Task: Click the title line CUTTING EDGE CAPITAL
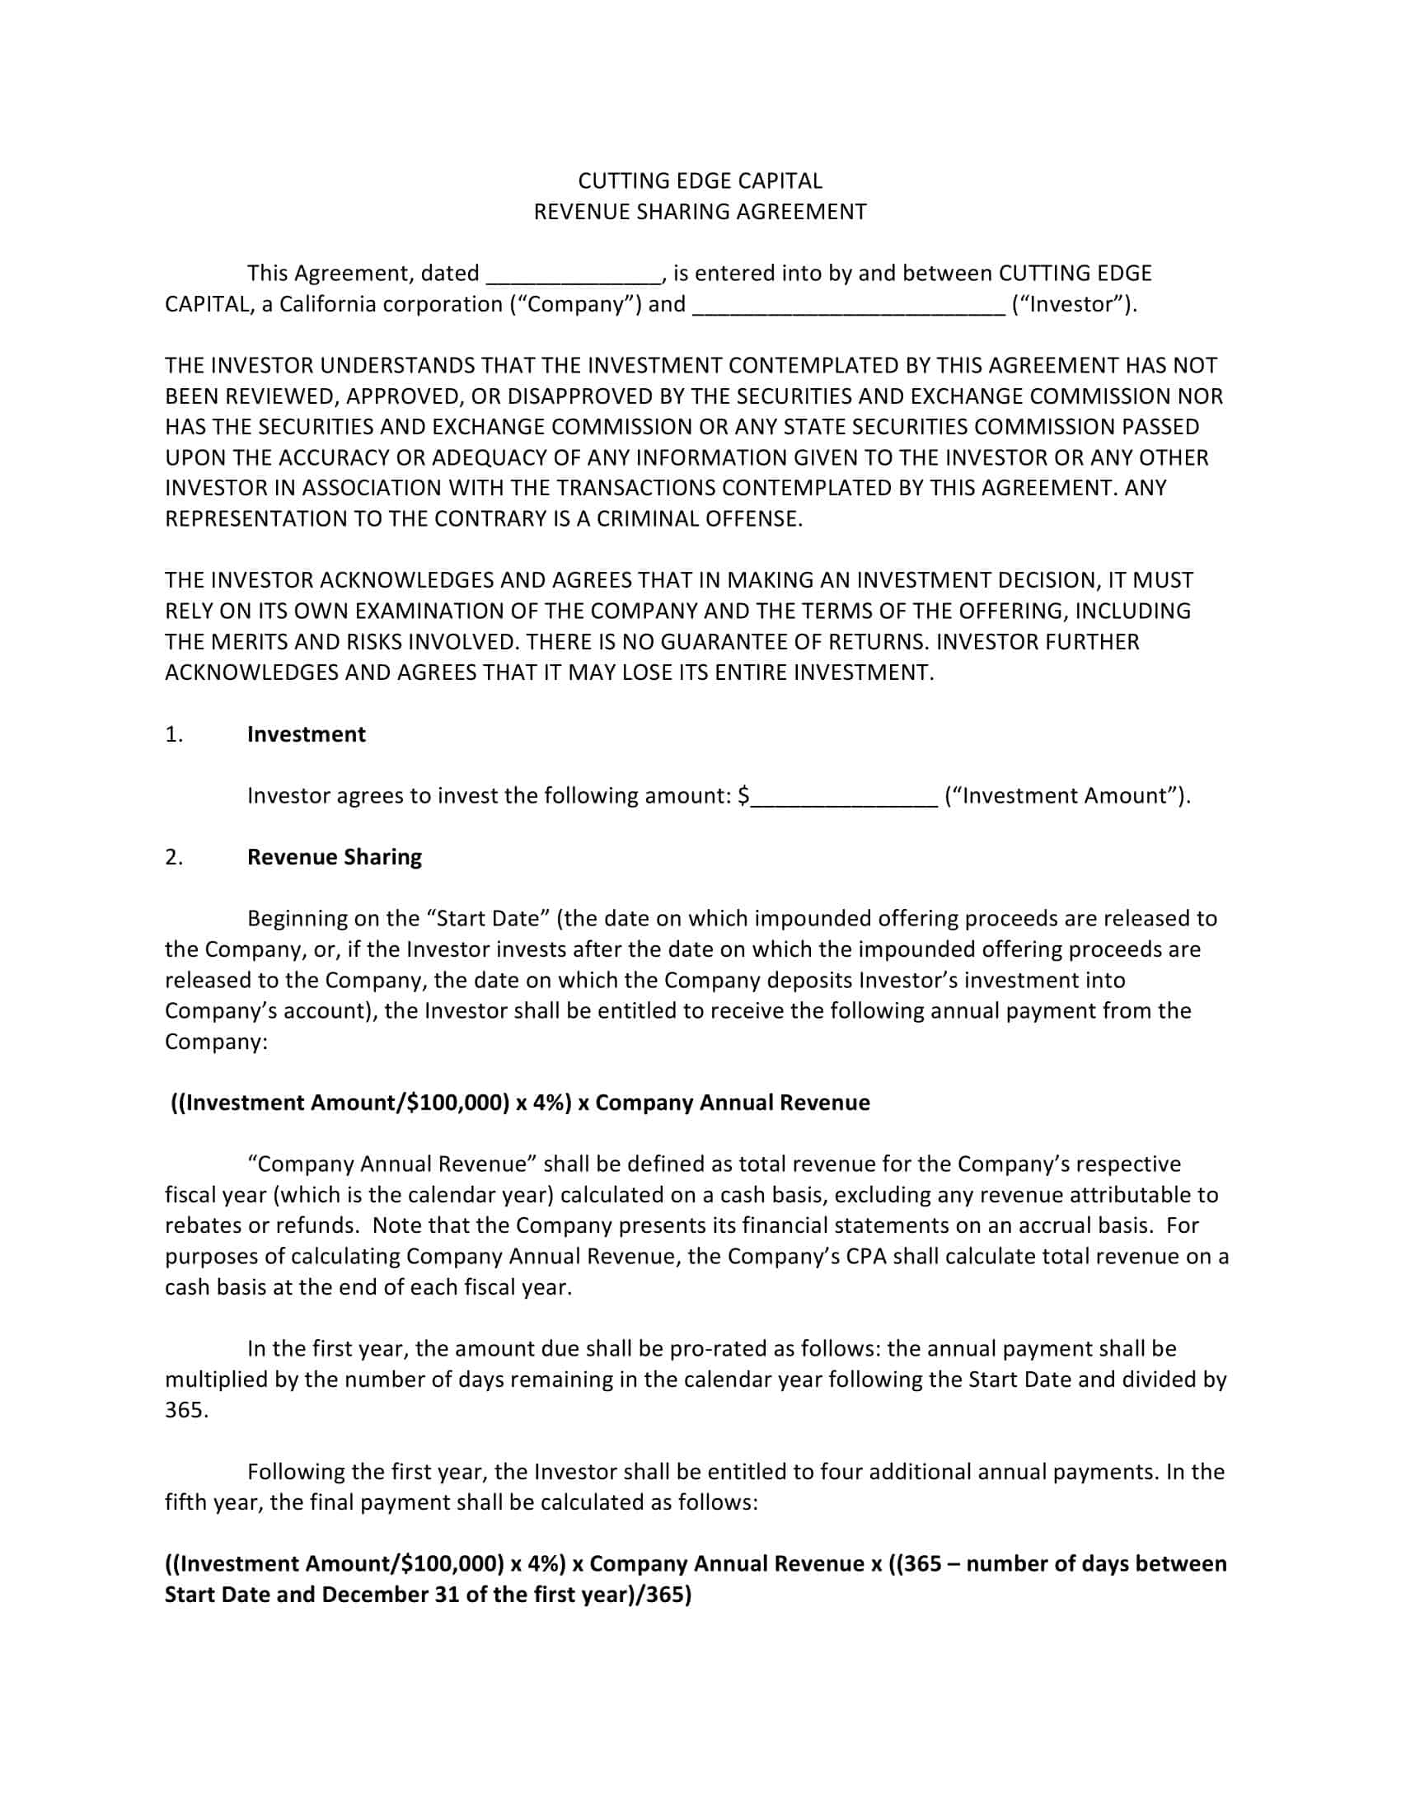(700, 181)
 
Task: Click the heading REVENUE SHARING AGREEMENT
(700, 212)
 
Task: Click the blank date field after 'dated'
(574, 274)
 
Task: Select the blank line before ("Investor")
(848, 306)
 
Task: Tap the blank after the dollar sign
(844, 797)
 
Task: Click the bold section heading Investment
(307, 734)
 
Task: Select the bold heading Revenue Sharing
(335, 857)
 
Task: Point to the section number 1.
(173, 734)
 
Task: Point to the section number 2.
(173, 857)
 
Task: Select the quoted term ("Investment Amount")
(1067, 796)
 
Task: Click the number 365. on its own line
(186, 1410)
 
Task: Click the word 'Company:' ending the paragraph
(216, 1042)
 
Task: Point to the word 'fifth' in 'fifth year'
(185, 1502)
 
